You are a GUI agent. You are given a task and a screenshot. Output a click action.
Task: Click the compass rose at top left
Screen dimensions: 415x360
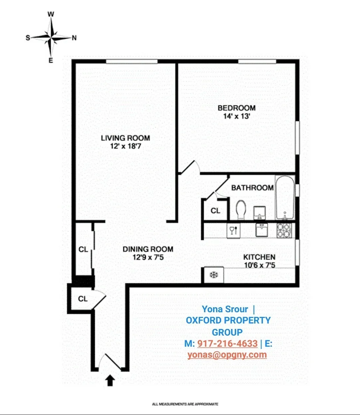(51, 37)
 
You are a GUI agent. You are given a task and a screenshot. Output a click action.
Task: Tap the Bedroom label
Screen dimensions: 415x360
(236, 108)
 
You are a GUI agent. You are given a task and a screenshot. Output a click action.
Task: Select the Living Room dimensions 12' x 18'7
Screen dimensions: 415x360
(126, 146)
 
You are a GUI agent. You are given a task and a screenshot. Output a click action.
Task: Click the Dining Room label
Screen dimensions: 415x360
(148, 249)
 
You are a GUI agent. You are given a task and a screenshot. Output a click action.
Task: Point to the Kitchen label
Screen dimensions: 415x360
(259, 257)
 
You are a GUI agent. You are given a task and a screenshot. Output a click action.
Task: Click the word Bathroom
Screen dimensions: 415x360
(252, 188)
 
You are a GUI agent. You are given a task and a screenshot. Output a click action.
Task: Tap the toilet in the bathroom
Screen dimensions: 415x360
(241, 210)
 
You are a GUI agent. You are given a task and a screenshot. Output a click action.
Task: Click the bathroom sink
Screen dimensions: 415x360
(259, 212)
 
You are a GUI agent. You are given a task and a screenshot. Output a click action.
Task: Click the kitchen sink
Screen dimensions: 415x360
(262, 230)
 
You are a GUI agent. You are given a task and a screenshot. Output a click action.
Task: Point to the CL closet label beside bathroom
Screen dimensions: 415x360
(215, 211)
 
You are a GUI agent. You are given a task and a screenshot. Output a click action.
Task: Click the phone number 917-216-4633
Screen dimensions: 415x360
(227, 344)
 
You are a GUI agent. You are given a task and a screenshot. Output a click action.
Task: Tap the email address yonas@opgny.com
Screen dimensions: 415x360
(227, 355)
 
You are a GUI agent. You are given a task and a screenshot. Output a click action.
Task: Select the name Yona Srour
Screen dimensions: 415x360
(225, 309)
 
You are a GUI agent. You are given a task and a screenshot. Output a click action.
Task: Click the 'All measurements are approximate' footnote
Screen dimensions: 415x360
(185, 404)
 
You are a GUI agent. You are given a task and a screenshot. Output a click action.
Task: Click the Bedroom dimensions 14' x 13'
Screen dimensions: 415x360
(236, 116)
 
